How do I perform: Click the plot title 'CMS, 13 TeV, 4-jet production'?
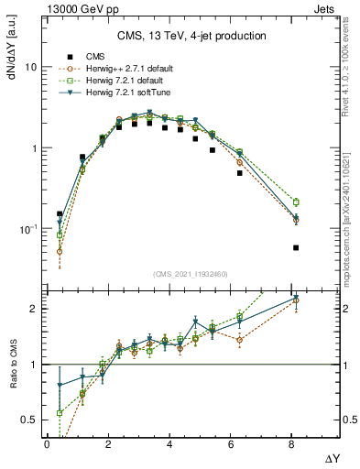pyautogui.click(x=191, y=36)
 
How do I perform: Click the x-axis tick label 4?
pyautogui.click(x=169, y=443)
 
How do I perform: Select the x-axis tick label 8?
pyautogui.click(x=291, y=443)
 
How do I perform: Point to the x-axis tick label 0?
pyautogui.click(x=47, y=443)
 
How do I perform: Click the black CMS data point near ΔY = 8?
pyautogui.click(x=296, y=247)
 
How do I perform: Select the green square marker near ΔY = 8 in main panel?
pyautogui.click(x=296, y=202)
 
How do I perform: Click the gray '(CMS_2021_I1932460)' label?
pyautogui.click(x=191, y=274)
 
